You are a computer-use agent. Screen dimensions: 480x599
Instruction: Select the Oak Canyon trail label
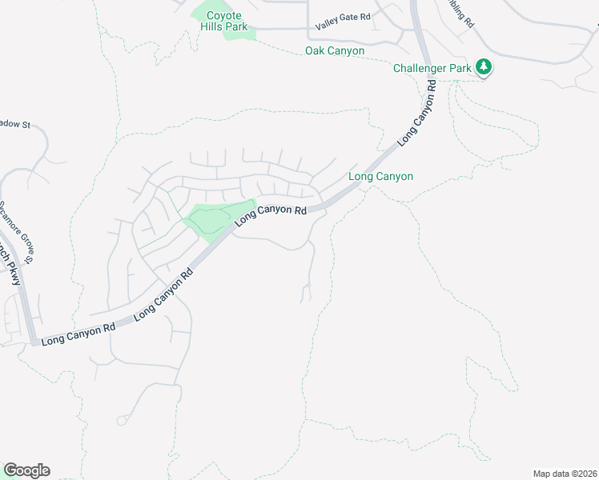click(x=335, y=51)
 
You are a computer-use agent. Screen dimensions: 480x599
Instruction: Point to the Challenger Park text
click(x=432, y=68)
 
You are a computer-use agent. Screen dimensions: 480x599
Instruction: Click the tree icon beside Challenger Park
click(x=483, y=67)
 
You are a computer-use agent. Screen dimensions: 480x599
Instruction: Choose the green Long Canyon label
click(x=381, y=176)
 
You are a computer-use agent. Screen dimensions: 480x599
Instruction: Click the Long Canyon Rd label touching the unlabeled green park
click(x=271, y=211)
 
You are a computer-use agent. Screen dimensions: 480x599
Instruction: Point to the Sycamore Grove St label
click(x=18, y=231)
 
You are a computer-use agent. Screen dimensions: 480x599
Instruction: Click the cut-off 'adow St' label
click(x=14, y=124)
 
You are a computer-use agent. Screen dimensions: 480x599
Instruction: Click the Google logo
click(x=26, y=470)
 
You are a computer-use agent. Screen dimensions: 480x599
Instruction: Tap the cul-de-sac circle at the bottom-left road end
click(x=121, y=420)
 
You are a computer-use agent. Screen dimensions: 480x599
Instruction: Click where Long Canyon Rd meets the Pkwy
click(x=34, y=342)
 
